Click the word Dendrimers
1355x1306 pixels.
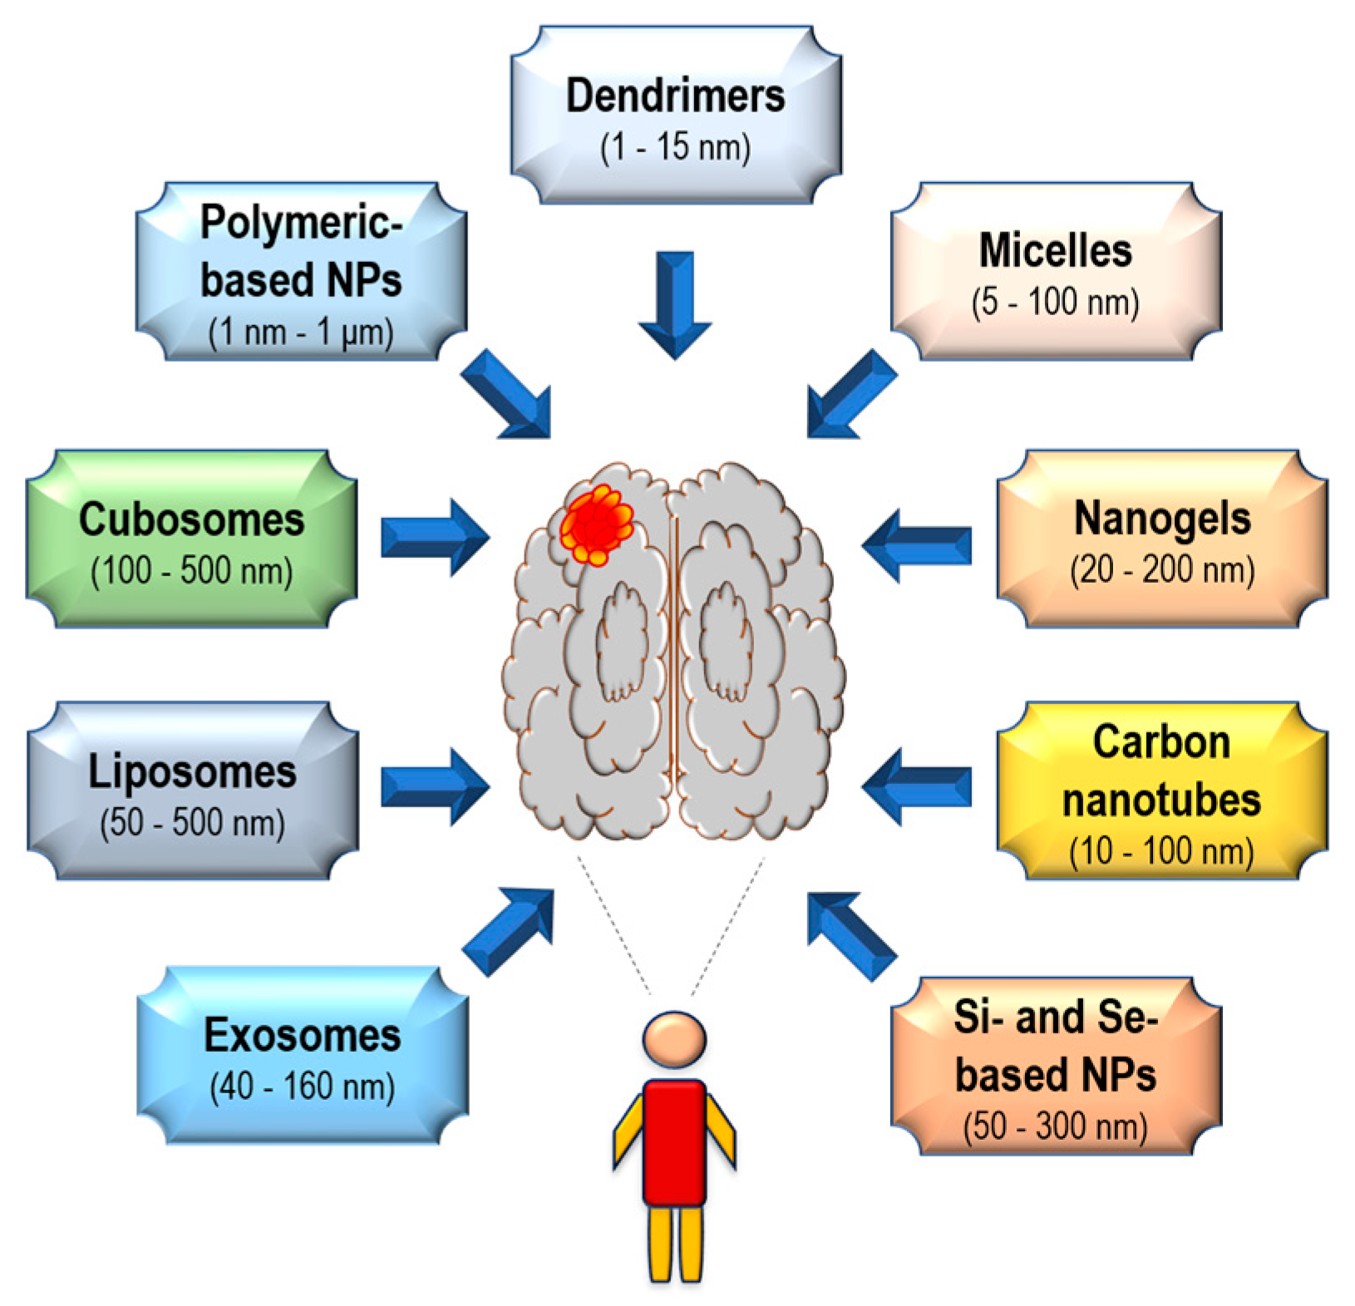click(x=675, y=96)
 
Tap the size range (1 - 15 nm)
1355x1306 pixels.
click(x=675, y=147)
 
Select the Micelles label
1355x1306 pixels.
click(x=1055, y=250)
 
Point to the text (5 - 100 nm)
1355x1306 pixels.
click(x=1055, y=302)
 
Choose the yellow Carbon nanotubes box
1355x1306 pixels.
click(x=1161, y=790)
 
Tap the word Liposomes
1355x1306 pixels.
click(x=192, y=771)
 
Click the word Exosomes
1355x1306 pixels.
click(x=302, y=1036)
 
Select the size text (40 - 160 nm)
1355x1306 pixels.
click(x=302, y=1087)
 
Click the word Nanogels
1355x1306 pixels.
click(x=1161, y=519)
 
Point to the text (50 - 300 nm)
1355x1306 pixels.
click(x=1055, y=1126)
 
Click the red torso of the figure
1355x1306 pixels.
click(x=674, y=1141)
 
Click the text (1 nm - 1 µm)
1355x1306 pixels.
click(x=300, y=333)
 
